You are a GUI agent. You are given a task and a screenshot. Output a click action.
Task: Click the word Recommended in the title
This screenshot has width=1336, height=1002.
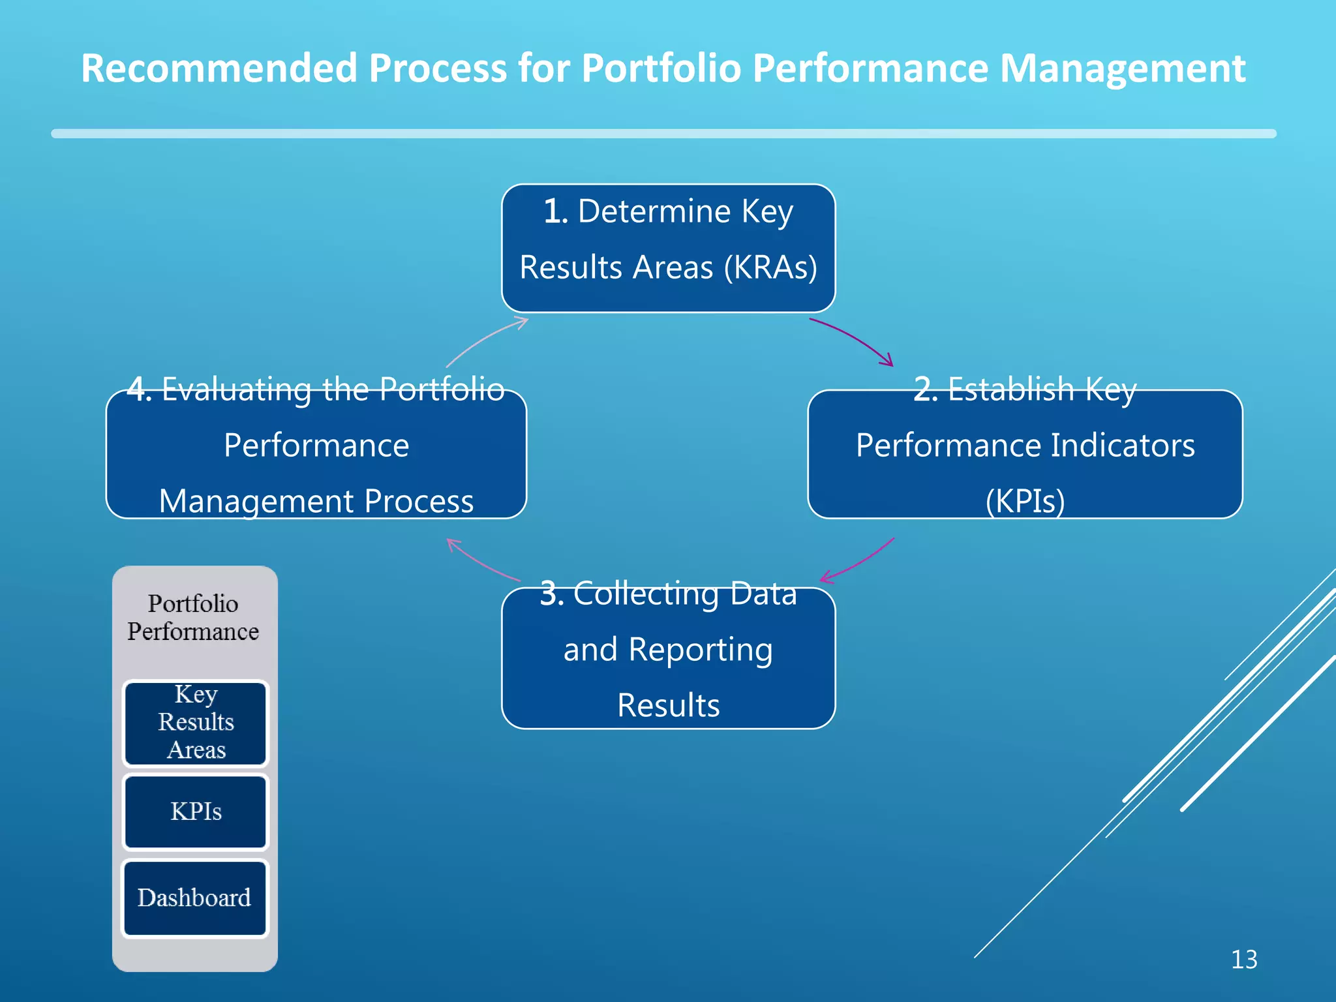pyautogui.click(x=219, y=68)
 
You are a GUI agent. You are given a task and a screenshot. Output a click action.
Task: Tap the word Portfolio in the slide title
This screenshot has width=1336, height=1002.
pyautogui.click(x=661, y=68)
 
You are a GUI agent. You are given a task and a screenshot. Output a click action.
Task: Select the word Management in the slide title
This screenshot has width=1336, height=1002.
pyautogui.click(x=1122, y=68)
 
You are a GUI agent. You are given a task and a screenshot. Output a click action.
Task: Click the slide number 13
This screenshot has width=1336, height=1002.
pyautogui.click(x=1243, y=960)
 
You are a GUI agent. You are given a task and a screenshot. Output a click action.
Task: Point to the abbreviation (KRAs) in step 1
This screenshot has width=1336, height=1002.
pyautogui.click(x=770, y=267)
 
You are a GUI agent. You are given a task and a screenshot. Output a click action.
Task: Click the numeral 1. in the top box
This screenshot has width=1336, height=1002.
pyautogui.click(x=555, y=211)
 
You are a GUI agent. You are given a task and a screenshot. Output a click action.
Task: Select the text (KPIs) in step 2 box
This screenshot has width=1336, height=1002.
pyautogui.click(x=1025, y=501)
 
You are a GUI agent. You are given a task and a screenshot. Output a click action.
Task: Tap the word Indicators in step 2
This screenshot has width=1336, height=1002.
pyautogui.click(x=1122, y=446)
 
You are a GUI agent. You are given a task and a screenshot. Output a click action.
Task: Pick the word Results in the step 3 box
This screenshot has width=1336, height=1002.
pyautogui.click(x=668, y=705)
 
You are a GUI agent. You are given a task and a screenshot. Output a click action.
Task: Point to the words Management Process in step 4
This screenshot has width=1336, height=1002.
pyautogui.click(x=316, y=501)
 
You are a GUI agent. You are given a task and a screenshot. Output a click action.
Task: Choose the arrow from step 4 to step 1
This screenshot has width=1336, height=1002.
pyautogui.click(x=486, y=341)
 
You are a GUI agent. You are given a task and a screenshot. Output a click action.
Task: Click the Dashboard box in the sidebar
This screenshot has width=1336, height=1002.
pyautogui.click(x=194, y=898)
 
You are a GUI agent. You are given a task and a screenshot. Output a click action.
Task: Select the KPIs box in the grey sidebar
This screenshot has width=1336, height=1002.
pyautogui.click(x=195, y=812)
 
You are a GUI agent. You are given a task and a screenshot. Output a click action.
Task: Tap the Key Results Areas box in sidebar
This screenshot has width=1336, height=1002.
pyautogui.click(x=195, y=722)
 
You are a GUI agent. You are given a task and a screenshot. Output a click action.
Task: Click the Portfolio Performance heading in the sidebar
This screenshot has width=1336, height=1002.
pyautogui.click(x=193, y=617)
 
